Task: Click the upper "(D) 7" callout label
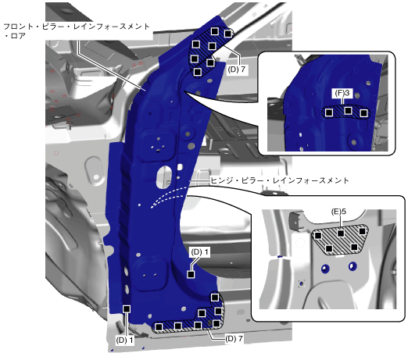point(237,70)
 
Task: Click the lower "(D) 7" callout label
point(234,339)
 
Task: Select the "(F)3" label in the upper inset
point(342,93)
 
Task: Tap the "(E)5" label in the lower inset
point(338,212)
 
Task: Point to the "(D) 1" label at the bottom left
point(125,340)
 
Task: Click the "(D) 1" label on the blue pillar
point(200,252)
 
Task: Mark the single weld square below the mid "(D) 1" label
point(191,274)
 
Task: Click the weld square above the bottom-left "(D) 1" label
point(127,309)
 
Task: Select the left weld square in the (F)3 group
point(329,112)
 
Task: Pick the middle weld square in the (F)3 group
point(348,111)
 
